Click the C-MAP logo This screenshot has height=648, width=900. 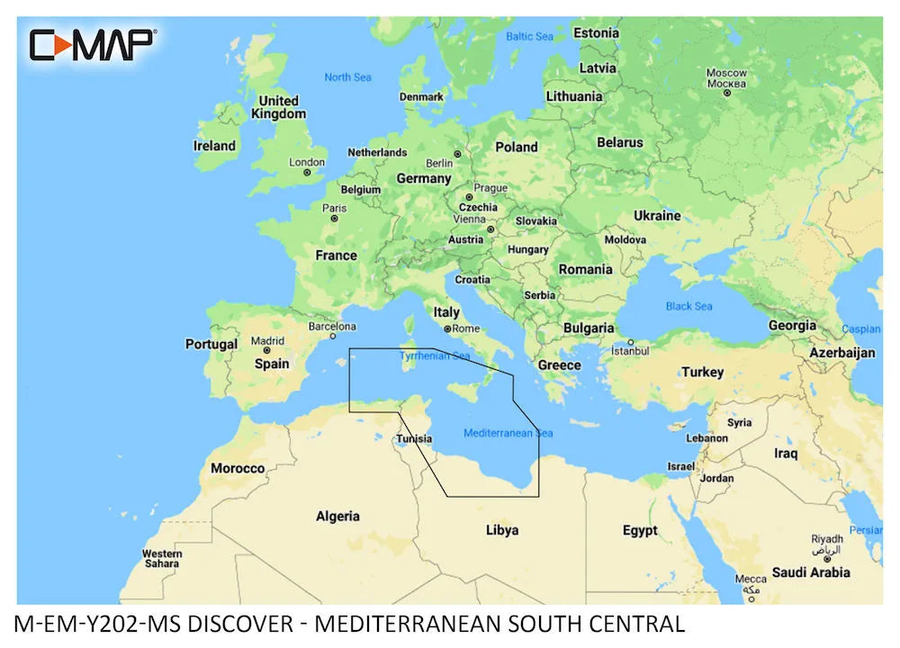pos(93,44)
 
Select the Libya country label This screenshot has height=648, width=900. pos(502,530)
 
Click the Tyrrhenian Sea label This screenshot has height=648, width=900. pos(436,356)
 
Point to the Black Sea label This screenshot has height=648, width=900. pos(689,306)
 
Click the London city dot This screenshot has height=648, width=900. pos(307,173)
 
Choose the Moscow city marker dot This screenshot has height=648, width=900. pos(726,92)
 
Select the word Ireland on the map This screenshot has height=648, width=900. pos(214,146)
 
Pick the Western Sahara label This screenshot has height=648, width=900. pos(162,558)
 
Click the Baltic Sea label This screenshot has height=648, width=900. pos(529,37)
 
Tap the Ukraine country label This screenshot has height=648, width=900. pos(657,216)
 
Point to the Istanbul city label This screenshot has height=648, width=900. pos(630,350)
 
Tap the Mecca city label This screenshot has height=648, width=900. pos(751,579)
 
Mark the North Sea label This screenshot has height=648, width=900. pos(347,77)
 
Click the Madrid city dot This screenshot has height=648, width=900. pos(266,351)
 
